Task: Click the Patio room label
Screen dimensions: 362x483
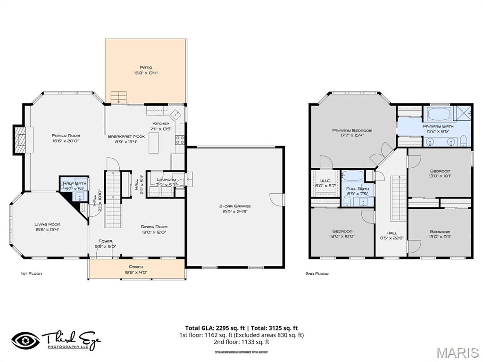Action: click(145, 67)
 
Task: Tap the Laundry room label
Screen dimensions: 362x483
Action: click(166, 180)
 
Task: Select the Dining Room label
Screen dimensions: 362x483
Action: click(154, 227)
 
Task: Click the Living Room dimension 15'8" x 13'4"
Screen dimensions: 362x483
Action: click(47, 230)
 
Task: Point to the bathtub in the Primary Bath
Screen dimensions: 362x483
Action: click(439, 115)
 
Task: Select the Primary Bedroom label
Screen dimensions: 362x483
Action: click(352, 131)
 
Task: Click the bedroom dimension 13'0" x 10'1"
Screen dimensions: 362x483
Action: click(440, 176)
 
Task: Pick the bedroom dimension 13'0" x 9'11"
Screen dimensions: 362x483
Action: click(440, 237)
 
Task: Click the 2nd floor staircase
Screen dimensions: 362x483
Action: click(399, 198)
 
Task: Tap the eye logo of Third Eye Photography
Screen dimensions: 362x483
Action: click(25, 340)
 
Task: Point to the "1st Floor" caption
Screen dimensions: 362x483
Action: click(31, 273)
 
